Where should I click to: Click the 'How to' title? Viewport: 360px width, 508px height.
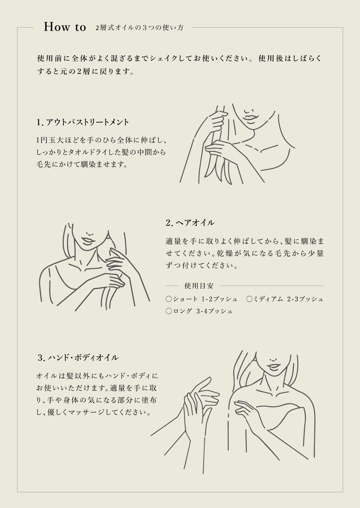pyautogui.click(x=65, y=27)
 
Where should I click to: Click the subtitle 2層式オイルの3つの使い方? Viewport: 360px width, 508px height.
pyautogui.click(x=139, y=28)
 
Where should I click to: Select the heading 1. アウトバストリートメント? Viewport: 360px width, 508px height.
pyautogui.click(x=83, y=122)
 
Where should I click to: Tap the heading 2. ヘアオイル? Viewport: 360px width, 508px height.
pyautogui.click(x=190, y=223)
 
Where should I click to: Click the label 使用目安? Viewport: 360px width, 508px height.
pyautogui.click(x=198, y=286)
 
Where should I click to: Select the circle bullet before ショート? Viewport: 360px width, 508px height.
pyautogui.click(x=169, y=299)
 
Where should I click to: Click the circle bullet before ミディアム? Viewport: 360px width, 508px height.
pyautogui.click(x=249, y=299)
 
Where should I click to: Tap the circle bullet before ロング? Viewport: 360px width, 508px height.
pyautogui.click(x=169, y=311)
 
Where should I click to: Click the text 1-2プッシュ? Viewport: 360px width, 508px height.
pyautogui.click(x=219, y=299)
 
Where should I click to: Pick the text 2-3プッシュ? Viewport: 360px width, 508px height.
pyautogui.click(x=305, y=299)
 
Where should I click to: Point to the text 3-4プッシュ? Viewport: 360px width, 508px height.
pyautogui.click(x=214, y=311)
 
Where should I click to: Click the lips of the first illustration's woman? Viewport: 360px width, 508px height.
pyautogui.click(x=250, y=116)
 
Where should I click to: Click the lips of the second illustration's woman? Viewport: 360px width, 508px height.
pyautogui.click(x=87, y=240)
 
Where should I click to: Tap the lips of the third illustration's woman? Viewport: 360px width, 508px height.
pyautogui.click(x=274, y=366)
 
